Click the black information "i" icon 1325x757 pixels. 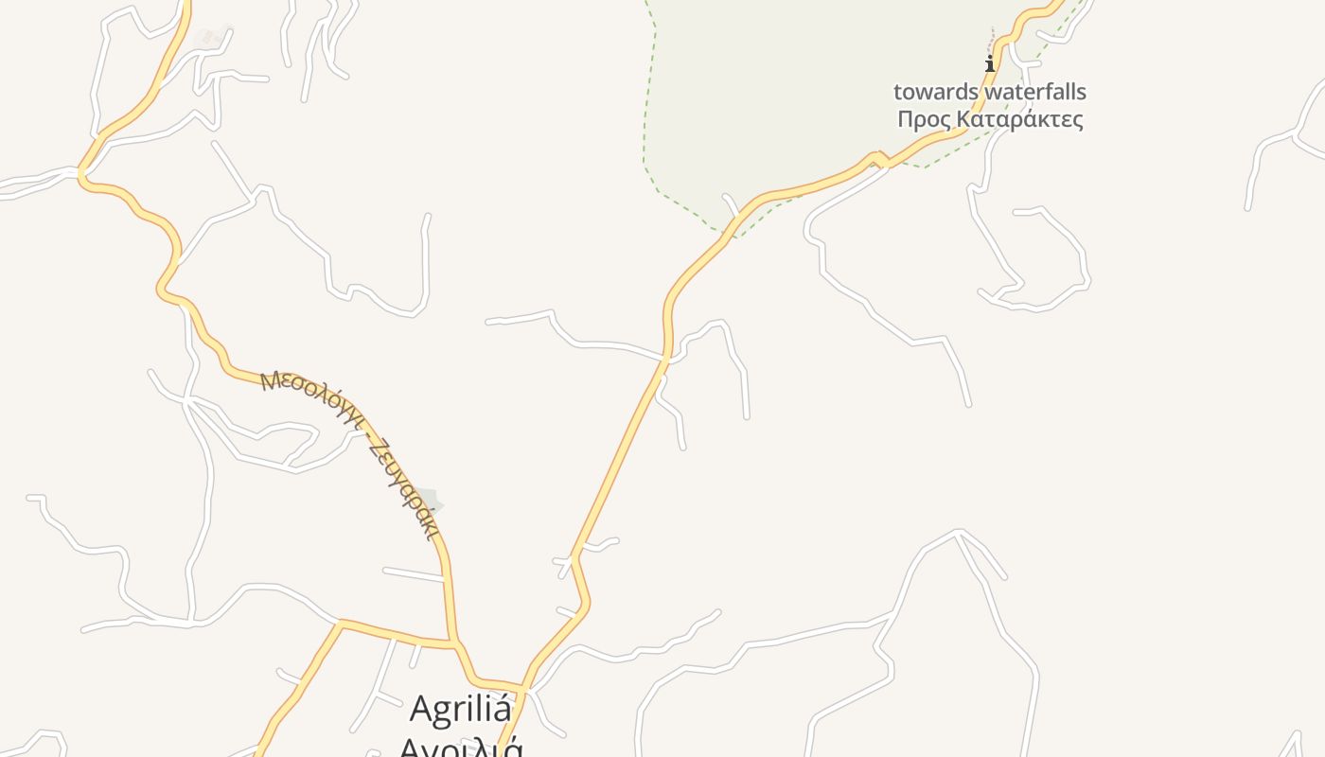(990, 64)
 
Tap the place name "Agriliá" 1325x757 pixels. (461, 709)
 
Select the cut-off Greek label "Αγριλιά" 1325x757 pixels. (461, 748)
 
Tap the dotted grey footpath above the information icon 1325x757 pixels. (991, 42)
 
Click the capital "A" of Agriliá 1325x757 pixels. (422, 710)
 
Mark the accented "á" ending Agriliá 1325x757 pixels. (501, 709)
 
